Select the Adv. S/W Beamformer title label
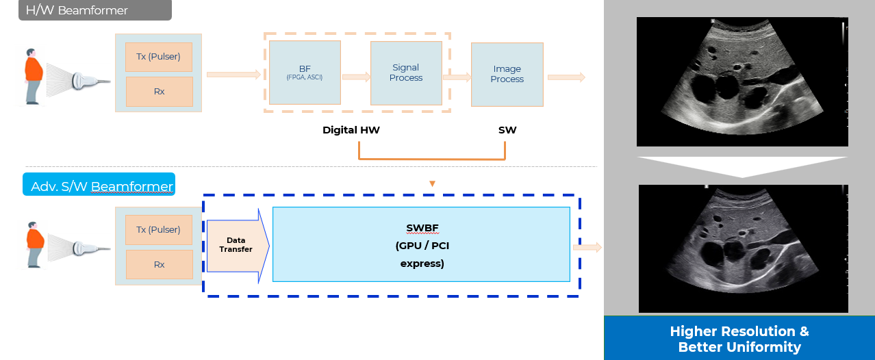pos(99,185)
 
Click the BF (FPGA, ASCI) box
pos(305,72)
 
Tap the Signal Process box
pos(406,73)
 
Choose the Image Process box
pos(507,74)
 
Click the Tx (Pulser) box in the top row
pos(159,57)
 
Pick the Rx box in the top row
pos(159,91)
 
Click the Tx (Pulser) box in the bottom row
pos(159,230)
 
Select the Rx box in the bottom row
pos(159,264)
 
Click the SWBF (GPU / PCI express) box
pos(421,244)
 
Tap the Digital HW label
pos(351,129)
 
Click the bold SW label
pos(507,129)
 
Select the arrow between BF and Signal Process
pos(356,77)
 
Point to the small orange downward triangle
pos(431,183)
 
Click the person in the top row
pos(33,75)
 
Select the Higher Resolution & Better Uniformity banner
pos(739,339)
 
